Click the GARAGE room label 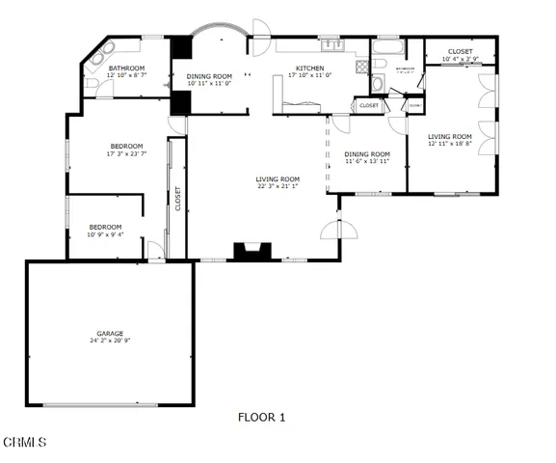tap(109, 333)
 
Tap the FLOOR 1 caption tap(261, 418)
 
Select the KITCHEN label tap(309, 68)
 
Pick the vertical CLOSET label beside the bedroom tap(177, 199)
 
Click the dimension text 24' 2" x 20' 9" tap(111, 340)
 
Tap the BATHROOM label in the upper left tap(126, 68)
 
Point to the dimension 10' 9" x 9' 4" tap(105, 234)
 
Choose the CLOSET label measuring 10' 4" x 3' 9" tap(461, 51)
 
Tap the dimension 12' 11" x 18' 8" tap(450, 144)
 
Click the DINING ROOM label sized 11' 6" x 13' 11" tap(367, 153)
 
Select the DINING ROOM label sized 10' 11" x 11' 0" tap(209, 76)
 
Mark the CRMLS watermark tap(25, 443)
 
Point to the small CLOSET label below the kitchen tap(369, 105)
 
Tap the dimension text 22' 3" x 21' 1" tap(278, 186)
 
